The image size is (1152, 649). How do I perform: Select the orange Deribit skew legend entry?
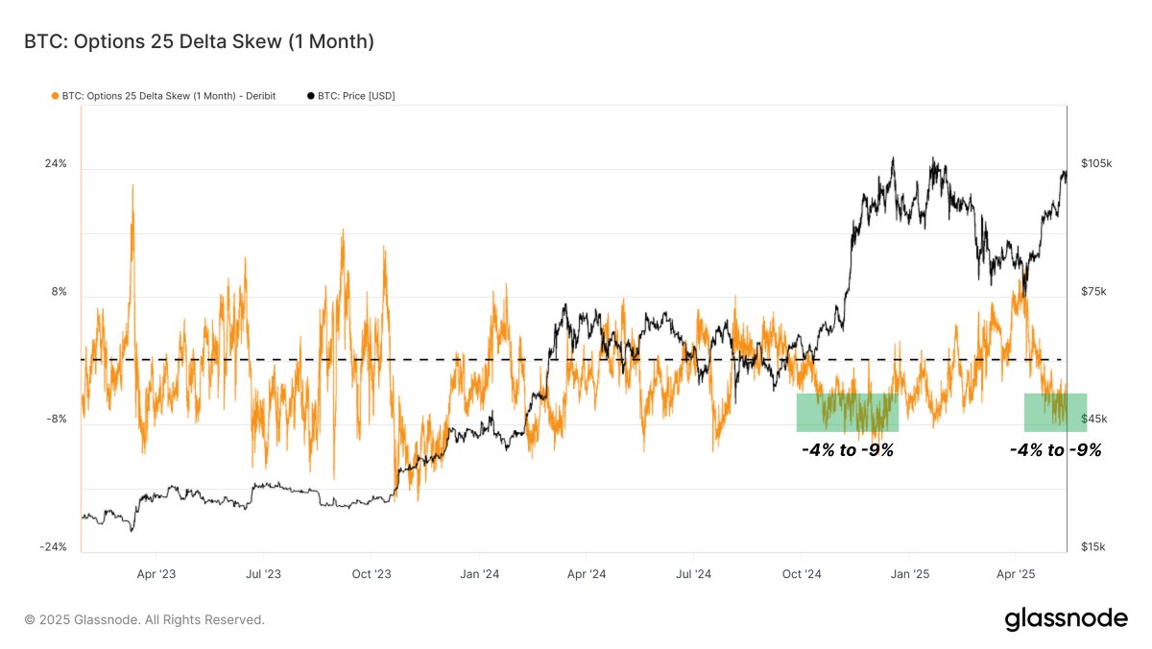(163, 96)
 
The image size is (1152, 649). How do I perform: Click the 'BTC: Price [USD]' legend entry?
(350, 96)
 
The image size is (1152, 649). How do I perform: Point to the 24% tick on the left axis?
(56, 163)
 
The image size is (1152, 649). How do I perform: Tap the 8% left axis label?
(59, 291)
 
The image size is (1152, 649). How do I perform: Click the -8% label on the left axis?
(56, 419)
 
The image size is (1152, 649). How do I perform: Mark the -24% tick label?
(53, 546)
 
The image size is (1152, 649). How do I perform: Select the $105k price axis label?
(1095, 163)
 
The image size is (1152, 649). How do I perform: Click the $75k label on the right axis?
(1093, 291)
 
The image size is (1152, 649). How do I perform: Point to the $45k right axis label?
(1093, 419)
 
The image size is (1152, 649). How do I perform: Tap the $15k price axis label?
(1093, 546)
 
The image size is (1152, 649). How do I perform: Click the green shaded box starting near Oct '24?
(847, 412)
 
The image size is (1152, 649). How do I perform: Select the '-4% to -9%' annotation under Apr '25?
(1055, 449)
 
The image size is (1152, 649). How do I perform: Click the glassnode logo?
(1066, 619)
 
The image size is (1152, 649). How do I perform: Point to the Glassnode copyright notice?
(144, 620)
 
